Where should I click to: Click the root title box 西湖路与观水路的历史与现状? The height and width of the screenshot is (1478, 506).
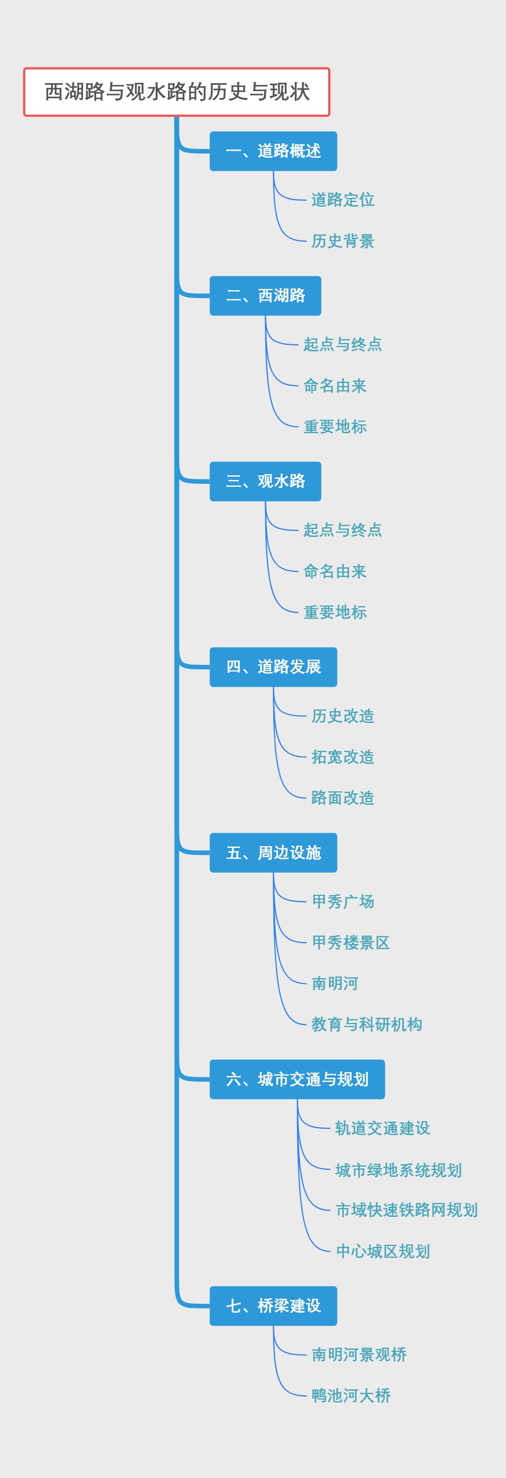177,92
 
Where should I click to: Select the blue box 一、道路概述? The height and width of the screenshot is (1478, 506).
273,151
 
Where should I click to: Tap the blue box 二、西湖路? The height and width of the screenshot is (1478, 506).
265,296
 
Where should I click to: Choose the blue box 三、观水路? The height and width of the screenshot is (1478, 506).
265,481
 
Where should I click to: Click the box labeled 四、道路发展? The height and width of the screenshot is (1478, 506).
273,667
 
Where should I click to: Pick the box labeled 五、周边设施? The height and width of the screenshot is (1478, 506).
273,852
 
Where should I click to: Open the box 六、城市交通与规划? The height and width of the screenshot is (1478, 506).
297,1079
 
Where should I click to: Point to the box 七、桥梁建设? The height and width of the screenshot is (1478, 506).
273,1306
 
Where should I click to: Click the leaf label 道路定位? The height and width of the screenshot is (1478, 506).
342,200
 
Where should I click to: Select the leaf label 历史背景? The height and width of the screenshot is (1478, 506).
342,241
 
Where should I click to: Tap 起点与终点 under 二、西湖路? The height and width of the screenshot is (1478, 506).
342,344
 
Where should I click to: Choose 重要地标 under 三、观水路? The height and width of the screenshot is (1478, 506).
335,612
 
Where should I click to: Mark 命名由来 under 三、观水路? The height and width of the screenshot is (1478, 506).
335,572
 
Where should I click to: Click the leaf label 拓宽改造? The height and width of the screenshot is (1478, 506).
342,757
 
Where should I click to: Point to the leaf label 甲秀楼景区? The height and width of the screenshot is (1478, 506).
350,942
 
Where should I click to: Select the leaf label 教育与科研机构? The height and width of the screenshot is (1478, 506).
366,1024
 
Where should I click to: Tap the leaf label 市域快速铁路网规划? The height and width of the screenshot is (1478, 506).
406,1210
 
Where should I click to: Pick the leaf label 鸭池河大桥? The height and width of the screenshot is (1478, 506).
350,1395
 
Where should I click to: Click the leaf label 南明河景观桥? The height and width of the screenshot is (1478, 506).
358,1355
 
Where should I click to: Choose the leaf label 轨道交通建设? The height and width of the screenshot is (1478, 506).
382,1128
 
